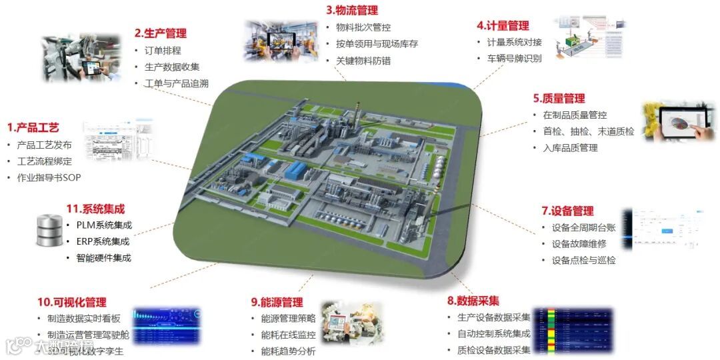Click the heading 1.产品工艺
click(x=33, y=127)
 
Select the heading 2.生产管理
click(x=160, y=33)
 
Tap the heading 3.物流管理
click(x=352, y=10)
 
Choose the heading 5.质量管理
click(x=559, y=98)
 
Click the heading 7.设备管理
click(x=567, y=211)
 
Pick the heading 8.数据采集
click(x=473, y=301)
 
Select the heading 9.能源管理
click(x=277, y=302)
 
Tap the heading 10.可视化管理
click(x=71, y=302)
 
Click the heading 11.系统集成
click(x=95, y=209)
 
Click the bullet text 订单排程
click(x=163, y=50)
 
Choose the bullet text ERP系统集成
click(x=103, y=241)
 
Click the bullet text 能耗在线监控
click(x=288, y=335)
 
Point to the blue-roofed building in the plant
click(x=293, y=171)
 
